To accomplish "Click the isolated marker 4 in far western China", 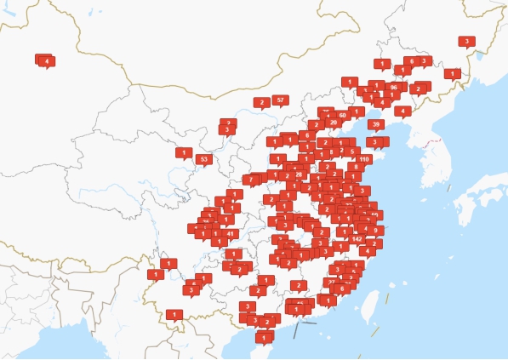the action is coord(46,60).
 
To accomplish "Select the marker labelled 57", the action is coord(280,100).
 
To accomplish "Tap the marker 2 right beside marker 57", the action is coord(261,103).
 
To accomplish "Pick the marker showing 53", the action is coord(203,159).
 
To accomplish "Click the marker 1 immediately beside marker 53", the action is coord(184,152).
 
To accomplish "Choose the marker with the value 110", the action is coord(364,159).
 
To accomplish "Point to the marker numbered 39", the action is coord(375,124).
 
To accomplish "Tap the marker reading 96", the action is coord(393,87).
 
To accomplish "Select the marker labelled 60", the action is coord(342,114).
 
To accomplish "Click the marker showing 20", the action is coord(333,123).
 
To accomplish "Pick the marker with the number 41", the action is coord(231,233).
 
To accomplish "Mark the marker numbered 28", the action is coord(299,174).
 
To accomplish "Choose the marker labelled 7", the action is coord(251,180).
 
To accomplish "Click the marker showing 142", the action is coord(357,238).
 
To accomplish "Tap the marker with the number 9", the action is coord(375,230).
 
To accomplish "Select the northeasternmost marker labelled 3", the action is coord(466,41).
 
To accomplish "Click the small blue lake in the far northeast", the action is coord(480,54).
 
